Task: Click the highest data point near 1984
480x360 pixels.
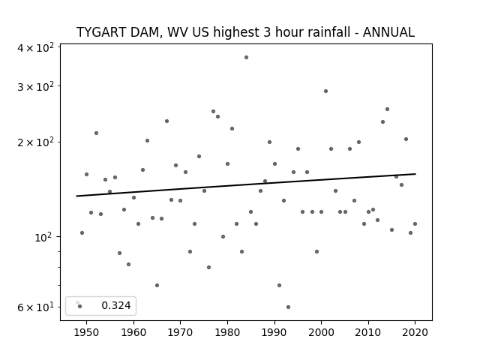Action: coord(246,57)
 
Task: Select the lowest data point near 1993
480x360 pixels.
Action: coord(288,307)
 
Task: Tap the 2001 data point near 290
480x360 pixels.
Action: coord(325,91)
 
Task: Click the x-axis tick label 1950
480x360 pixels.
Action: coord(87,332)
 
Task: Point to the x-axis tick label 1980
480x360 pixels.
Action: coord(227,332)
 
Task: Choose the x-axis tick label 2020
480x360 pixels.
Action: coord(415,332)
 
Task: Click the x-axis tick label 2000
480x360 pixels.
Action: coord(321,332)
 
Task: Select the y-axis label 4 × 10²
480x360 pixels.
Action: coord(36,48)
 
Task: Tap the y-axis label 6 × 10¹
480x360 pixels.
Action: coord(36,307)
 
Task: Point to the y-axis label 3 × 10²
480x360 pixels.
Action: coord(36,87)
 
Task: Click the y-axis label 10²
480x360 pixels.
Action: coord(44,237)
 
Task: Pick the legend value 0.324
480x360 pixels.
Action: coord(116,305)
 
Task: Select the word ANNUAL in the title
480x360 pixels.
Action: coord(388,32)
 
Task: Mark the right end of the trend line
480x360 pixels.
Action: coord(415,174)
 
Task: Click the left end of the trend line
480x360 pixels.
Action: coord(76,196)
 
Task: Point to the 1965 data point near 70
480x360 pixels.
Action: coord(157,285)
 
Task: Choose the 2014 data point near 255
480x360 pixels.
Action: coord(387,109)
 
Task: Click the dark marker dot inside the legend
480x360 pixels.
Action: coord(80,306)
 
